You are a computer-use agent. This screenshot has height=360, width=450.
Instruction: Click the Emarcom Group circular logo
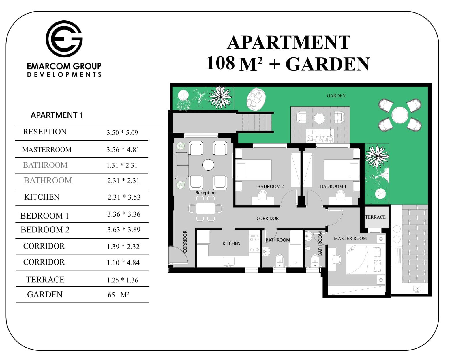click(64, 39)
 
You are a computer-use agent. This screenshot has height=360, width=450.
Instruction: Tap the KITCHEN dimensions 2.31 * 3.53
click(124, 197)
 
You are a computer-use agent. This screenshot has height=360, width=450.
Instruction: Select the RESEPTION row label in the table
click(45, 132)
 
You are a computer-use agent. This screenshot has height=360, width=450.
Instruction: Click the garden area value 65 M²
click(118, 295)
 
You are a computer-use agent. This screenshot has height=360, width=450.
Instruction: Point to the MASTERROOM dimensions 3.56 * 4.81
click(123, 150)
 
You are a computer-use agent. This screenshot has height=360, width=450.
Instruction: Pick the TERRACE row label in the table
click(45, 280)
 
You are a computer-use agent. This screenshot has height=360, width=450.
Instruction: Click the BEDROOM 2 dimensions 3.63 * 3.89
click(124, 230)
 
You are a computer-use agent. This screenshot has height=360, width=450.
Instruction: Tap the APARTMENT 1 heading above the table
click(57, 115)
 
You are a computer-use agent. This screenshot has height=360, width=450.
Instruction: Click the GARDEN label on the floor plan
click(336, 96)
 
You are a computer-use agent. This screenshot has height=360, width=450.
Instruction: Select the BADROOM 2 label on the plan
click(270, 186)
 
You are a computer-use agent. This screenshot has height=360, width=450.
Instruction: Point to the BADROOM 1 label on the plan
click(333, 186)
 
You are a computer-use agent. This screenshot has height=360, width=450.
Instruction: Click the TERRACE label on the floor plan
click(375, 217)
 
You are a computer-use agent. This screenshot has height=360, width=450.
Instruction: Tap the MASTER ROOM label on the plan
click(350, 239)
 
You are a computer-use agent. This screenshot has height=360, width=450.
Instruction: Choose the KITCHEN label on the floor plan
click(231, 243)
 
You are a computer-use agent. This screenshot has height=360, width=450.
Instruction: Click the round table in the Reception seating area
click(208, 165)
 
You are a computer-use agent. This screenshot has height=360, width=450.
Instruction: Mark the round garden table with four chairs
click(400, 115)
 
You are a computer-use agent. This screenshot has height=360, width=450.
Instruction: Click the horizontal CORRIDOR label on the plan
click(267, 218)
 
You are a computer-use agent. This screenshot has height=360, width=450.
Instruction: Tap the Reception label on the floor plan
click(206, 193)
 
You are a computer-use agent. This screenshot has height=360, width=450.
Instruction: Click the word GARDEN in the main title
click(328, 64)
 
